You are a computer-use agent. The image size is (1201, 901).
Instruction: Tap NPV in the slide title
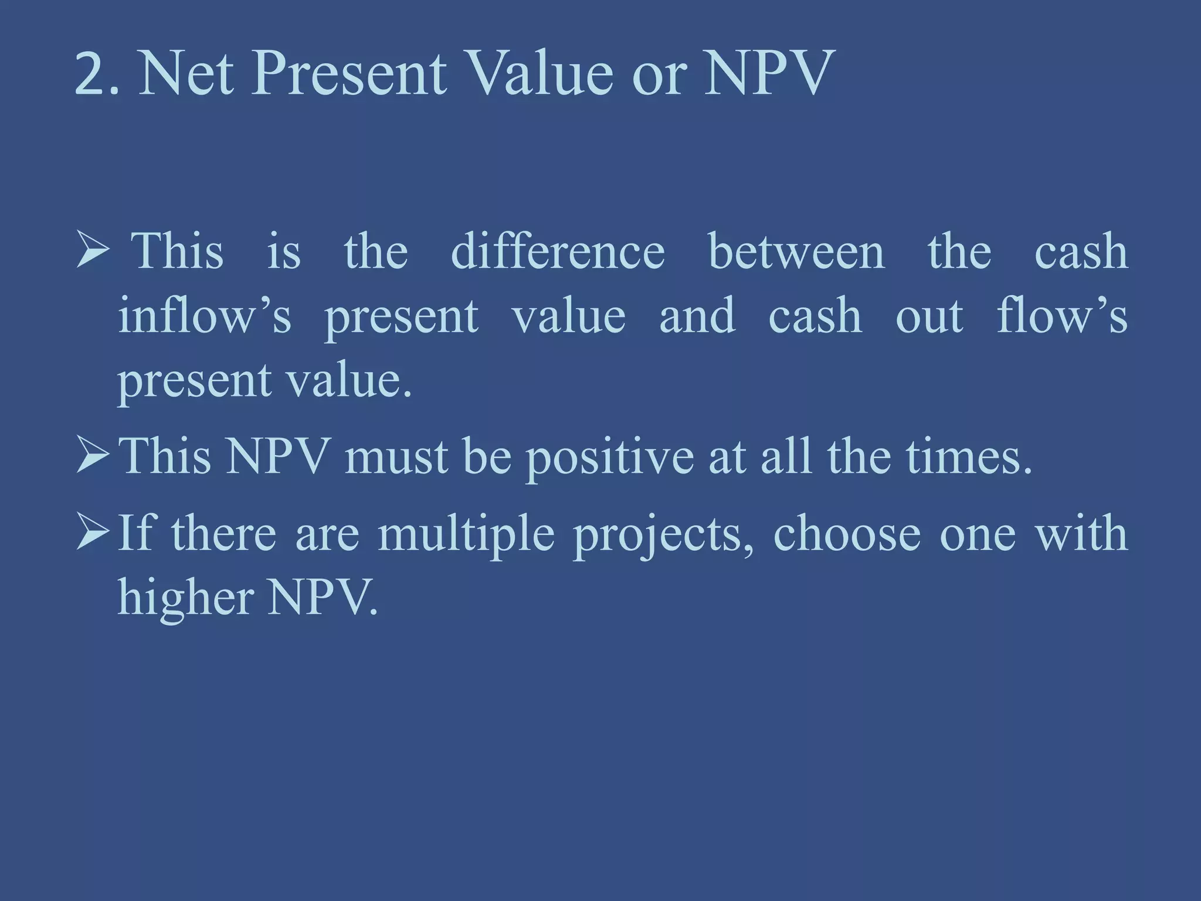coord(769,74)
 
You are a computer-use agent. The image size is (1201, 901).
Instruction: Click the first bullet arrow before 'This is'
coord(93,251)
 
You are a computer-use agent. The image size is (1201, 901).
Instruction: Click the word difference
coord(558,251)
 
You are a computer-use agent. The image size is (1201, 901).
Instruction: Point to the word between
coord(796,251)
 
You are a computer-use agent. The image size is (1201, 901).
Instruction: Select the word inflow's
coord(204,316)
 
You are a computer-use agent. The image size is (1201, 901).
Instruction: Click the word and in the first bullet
coord(697,316)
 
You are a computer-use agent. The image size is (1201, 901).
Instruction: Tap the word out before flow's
coord(929,316)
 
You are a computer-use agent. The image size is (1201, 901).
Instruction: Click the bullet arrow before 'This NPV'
coord(93,456)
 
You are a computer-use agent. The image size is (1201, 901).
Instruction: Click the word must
coord(396,456)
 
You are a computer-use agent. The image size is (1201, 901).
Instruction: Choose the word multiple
coord(466,534)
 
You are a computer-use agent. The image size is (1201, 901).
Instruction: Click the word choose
coord(846,534)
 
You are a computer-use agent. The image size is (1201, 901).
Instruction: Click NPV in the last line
coord(322,597)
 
